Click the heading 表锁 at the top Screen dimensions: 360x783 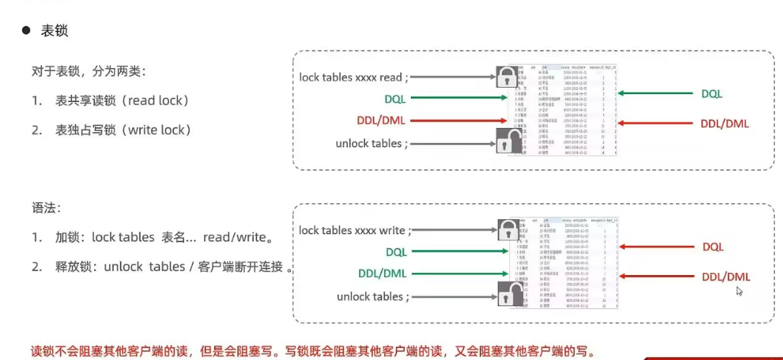(55, 31)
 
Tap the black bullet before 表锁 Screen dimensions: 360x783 (27, 31)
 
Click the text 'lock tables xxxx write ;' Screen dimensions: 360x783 (355, 231)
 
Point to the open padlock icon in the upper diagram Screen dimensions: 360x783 (506, 141)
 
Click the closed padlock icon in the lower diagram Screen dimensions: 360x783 (506, 231)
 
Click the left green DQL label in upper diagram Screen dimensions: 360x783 (396, 98)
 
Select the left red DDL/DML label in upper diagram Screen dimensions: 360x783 (381, 120)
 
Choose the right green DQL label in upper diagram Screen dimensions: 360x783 (712, 93)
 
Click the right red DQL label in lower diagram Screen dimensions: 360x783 (713, 247)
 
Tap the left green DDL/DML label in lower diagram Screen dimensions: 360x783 (382, 274)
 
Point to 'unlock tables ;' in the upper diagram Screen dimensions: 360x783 (371, 143)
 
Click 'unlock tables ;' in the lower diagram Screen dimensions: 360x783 (373, 297)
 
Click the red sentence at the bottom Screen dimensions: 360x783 (312, 352)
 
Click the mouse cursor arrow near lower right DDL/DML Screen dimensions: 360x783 (739, 291)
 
